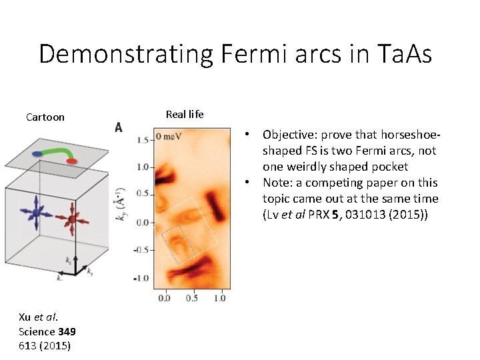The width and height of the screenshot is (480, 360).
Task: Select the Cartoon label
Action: [x=45, y=117]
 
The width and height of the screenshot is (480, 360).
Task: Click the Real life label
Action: [x=185, y=115]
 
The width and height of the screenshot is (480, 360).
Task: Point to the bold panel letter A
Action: [x=118, y=127]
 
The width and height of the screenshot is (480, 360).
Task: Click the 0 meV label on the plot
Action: [x=169, y=137]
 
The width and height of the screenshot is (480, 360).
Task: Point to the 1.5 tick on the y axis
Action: [x=141, y=141]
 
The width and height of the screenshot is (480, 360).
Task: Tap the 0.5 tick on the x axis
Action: [x=192, y=298]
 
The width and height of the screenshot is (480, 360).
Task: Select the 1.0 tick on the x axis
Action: [x=219, y=298]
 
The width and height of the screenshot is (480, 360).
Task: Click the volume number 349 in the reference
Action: [x=67, y=331]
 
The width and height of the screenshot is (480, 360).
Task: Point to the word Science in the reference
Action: [x=37, y=331]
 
